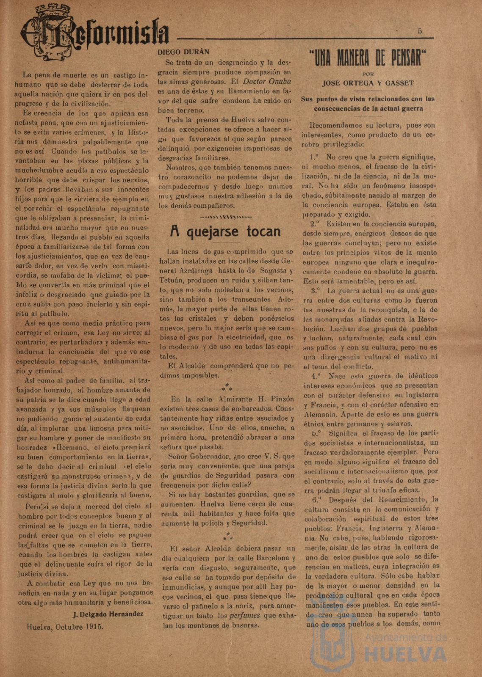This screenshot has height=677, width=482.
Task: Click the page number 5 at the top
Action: coord(419,31)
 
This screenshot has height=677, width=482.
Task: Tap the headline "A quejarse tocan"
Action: coord(225,232)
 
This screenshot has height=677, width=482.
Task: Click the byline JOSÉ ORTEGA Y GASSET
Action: coord(368,83)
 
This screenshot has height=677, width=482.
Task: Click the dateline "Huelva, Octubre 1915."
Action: coord(64,627)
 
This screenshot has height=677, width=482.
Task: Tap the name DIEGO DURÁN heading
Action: coord(183,52)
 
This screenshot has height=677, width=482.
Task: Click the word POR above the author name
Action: coord(368,74)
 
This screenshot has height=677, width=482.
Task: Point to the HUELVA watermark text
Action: coord(405,654)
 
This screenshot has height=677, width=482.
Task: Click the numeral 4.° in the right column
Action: coord(316,376)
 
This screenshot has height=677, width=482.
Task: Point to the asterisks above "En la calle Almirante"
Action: coord(227,387)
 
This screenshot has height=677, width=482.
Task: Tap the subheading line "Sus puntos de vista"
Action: coord(368,99)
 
